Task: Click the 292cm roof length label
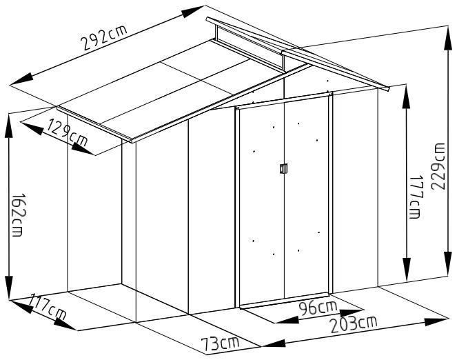tap(104, 37)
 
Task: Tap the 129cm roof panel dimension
tap(67, 133)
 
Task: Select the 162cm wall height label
tap(17, 214)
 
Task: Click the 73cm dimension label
tap(220, 343)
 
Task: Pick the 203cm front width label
tap(354, 324)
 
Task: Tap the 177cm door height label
tap(415, 197)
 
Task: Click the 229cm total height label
tap(438, 166)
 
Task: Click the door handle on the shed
tap(283, 168)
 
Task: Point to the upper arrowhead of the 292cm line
tap(193, 12)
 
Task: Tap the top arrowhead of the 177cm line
tap(406, 99)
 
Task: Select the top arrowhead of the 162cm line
tap(9, 126)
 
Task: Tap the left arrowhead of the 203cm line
tap(274, 343)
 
